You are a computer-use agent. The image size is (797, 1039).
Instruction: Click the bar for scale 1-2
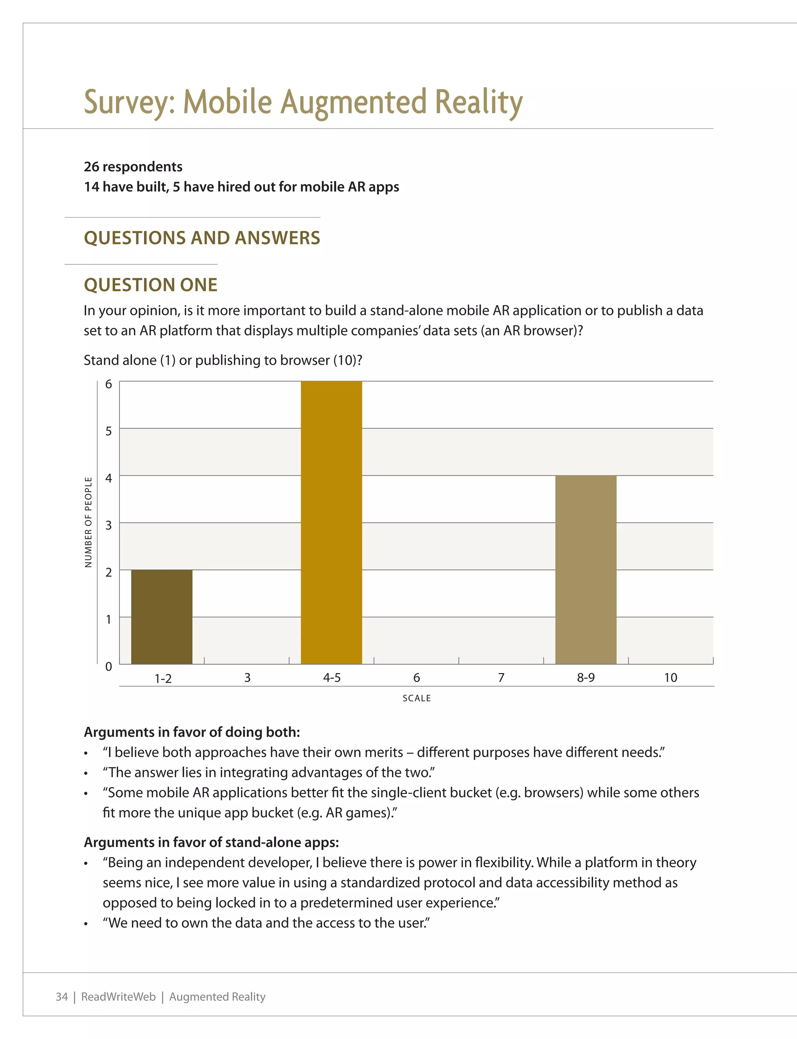pyautogui.click(x=162, y=617)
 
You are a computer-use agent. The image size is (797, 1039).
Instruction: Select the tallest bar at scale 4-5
pyautogui.click(x=331, y=522)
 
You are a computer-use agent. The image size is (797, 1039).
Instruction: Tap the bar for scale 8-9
pyautogui.click(x=586, y=569)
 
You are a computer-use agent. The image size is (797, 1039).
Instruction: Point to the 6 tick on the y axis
pyautogui.click(x=109, y=384)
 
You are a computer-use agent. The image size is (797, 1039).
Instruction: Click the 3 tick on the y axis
pyautogui.click(x=109, y=525)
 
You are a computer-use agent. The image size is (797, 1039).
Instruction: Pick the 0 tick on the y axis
pyautogui.click(x=109, y=666)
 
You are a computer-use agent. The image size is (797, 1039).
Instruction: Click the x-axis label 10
pyautogui.click(x=671, y=677)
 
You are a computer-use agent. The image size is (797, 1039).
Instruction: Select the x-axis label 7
pyautogui.click(x=501, y=677)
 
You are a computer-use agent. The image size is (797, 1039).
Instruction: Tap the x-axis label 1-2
pyautogui.click(x=163, y=679)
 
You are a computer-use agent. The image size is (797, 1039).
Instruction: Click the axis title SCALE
pyautogui.click(x=416, y=698)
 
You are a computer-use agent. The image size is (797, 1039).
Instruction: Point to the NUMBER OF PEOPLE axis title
pyautogui.click(x=88, y=522)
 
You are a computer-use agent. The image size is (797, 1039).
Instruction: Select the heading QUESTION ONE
pyautogui.click(x=150, y=285)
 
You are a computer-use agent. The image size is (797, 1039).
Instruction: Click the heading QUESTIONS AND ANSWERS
pyautogui.click(x=202, y=238)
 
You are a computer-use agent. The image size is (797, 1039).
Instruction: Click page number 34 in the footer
pyautogui.click(x=61, y=996)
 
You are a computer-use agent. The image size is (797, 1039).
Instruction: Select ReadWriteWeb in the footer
pyautogui.click(x=118, y=996)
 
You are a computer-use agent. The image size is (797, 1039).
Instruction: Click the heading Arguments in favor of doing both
pyautogui.click(x=191, y=732)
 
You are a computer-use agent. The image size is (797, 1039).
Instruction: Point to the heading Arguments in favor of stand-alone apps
pyautogui.click(x=211, y=842)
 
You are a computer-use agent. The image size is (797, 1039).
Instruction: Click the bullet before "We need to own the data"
pyautogui.click(x=86, y=924)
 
